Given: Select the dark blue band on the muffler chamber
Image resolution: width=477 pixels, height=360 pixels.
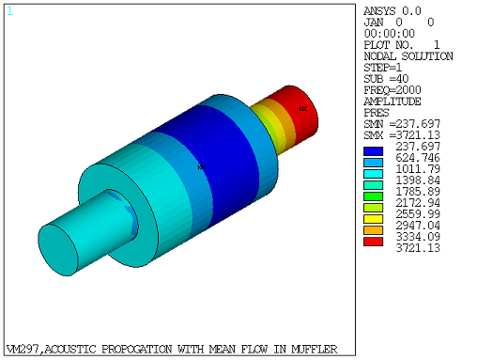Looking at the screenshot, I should tap(202, 160).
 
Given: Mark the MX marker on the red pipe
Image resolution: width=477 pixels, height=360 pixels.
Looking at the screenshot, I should tap(302, 109).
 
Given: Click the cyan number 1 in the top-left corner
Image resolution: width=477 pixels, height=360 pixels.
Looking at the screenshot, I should tap(10, 10).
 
